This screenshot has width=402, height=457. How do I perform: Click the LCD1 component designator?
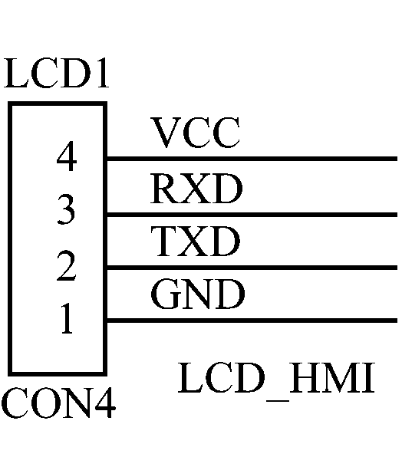[x=57, y=73]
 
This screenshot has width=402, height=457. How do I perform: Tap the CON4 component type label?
[x=58, y=403]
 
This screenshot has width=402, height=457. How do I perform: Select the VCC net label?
[x=196, y=133]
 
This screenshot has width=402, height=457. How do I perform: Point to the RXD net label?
[x=196, y=189]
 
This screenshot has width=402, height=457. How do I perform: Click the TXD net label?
[x=196, y=242]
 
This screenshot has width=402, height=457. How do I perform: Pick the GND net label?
[x=198, y=294]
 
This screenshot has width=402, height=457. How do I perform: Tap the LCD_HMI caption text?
[x=276, y=378]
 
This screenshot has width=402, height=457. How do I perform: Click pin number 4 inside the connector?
[x=67, y=156]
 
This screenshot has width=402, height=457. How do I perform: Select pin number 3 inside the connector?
[x=66, y=209]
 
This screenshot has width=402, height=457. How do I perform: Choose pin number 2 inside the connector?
[x=66, y=266]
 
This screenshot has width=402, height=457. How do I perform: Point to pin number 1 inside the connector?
[x=67, y=318]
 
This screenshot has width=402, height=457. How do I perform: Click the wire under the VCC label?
[x=252, y=159]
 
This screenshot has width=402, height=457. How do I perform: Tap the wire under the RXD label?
[x=252, y=215]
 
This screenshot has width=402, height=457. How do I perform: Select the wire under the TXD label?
[x=252, y=268]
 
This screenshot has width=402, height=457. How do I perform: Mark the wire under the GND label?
[x=252, y=321]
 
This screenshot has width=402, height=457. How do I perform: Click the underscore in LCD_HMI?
[x=278, y=401]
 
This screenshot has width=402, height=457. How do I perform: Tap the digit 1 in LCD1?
[x=103, y=73]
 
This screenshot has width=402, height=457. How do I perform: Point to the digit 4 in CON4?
[x=105, y=403]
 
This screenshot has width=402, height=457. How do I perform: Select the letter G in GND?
[x=166, y=294]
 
